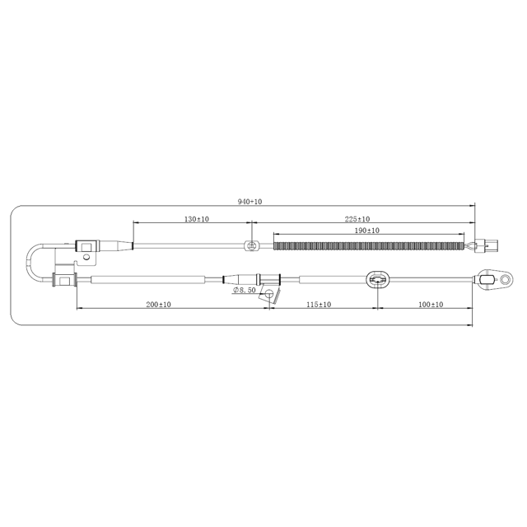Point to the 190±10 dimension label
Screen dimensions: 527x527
pos(366,231)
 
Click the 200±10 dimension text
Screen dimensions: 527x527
pos(158,305)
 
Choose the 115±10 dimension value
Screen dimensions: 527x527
pos(319,305)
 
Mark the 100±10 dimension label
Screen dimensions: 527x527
pos(430,305)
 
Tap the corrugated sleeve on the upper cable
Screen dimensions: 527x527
pos(368,245)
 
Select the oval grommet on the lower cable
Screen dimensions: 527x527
pos(378,280)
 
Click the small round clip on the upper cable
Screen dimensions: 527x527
pos(253,245)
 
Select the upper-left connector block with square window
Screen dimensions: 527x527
pos(86,245)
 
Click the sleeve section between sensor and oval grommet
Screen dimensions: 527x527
pos(329,280)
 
